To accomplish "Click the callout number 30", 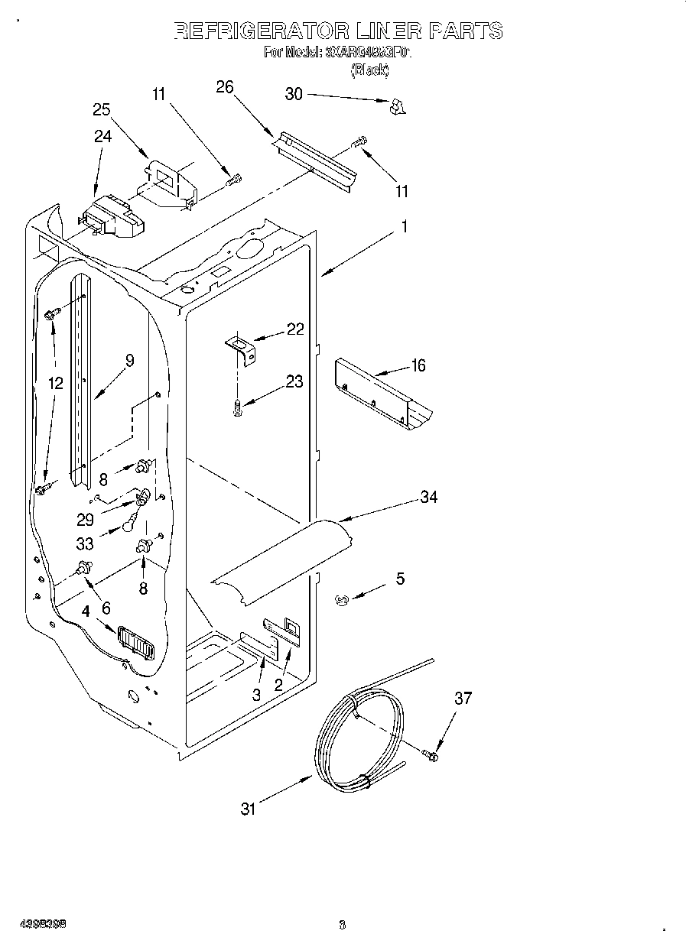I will [294, 94].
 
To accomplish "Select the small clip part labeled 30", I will [396, 108].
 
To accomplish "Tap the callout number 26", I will [224, 86].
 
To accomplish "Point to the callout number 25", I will [102, 109].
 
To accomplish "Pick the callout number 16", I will [418, 365].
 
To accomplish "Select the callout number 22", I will [294, 329].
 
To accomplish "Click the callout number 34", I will [428, 497].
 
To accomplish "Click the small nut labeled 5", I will [342, 600].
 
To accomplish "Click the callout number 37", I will [463, 698].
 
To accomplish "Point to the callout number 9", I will [129, 361].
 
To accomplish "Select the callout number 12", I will [56, 384].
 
